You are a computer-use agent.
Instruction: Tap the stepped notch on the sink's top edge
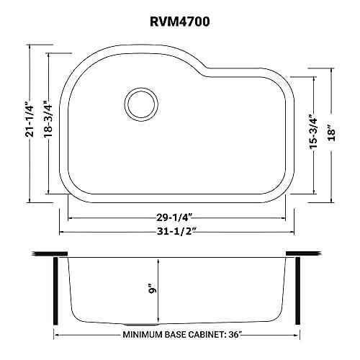(206, 70)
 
